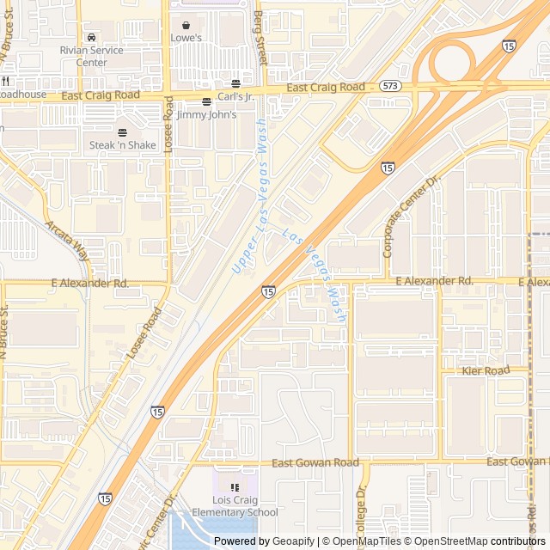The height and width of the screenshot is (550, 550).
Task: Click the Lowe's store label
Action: pos(186,39)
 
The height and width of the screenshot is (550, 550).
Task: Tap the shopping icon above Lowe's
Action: pos(186,26)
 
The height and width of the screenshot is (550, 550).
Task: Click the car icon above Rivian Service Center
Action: pos(91,38)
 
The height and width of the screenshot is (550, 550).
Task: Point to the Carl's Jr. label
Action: pos(235,96)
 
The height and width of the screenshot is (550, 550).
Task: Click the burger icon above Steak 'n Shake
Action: pos(122,132)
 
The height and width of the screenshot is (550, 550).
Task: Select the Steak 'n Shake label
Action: pos(123,145)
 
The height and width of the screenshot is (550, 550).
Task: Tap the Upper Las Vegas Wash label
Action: pos(250,197)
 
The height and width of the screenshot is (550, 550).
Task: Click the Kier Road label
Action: pos(486,370)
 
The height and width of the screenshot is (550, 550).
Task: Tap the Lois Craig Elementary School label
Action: pos(235,506)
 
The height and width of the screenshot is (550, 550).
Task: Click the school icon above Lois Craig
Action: pos(235,487)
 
